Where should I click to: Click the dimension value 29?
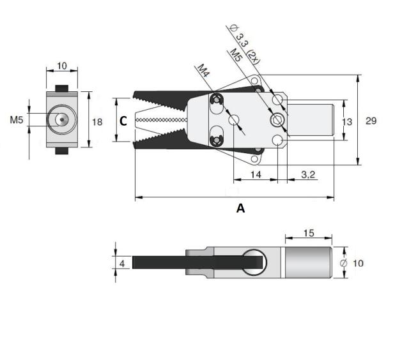(x=370, y=120)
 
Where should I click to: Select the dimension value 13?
(x=348, y=121)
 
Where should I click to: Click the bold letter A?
(x=240, y=208)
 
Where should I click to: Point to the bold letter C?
(x=124, y=120)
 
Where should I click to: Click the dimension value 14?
(x=256, y=174)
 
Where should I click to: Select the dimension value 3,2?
(x=308, y=174)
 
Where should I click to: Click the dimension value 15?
(x=307, y=234)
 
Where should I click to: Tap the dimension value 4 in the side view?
(x=121, y=263)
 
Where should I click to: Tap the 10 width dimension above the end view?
(x=61, y=66)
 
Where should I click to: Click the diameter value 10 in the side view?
(x=359, y=263)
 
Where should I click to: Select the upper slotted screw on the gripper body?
(x=217, y=101)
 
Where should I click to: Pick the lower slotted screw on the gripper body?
(x=217, y=139)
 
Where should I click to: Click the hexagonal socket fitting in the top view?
(x=277, y=121)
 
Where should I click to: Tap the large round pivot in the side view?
(x=253, y=263)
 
